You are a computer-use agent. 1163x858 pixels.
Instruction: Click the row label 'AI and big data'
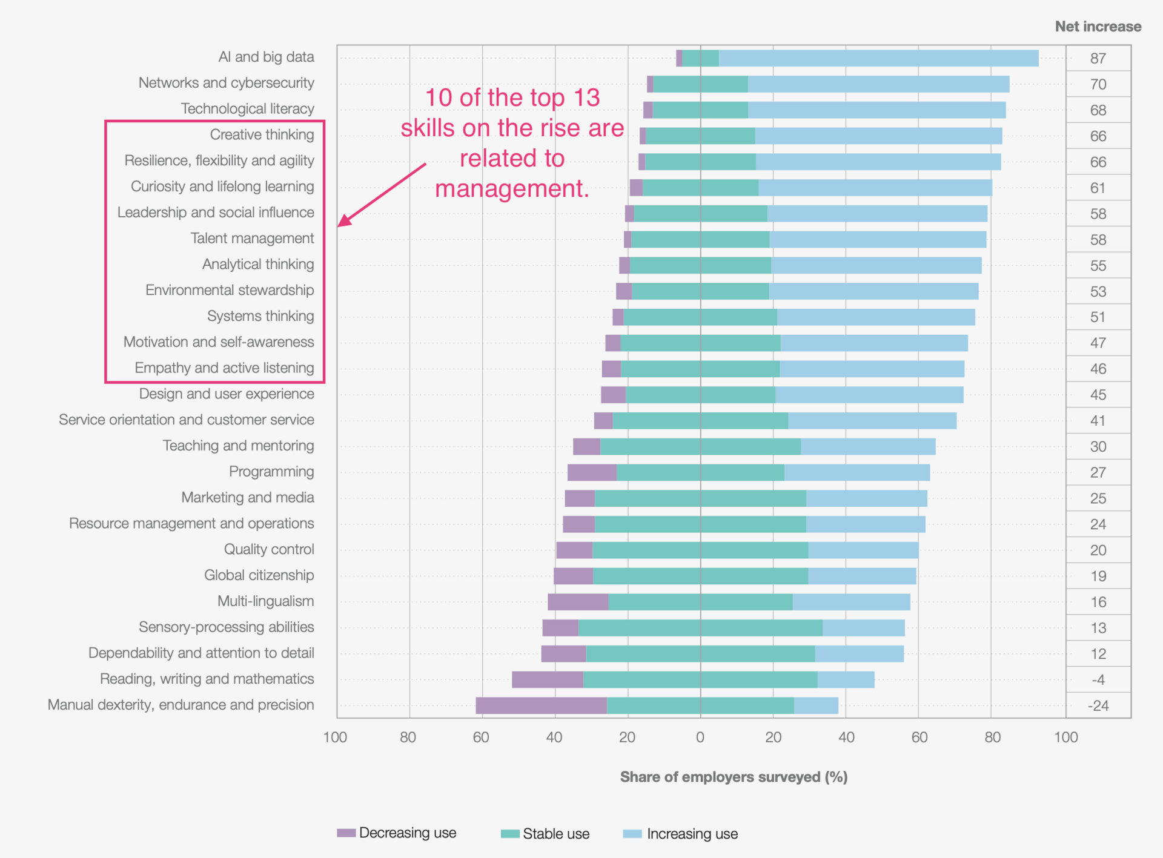click(266, 57)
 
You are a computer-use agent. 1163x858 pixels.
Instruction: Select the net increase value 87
click(1098, 59)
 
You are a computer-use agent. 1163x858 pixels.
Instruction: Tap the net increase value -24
click(1098, 706)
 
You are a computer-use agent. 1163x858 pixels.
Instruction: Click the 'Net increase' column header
click(1098, 27)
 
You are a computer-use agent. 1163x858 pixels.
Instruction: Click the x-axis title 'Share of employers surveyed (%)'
click(734, 777)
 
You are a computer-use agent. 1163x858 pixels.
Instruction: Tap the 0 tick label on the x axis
click(700, 738)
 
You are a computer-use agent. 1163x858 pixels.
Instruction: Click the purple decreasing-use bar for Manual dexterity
click(541, 705)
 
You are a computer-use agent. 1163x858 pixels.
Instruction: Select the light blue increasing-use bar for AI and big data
click(878, 58)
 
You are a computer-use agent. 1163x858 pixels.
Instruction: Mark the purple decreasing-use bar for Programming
click(592, 472)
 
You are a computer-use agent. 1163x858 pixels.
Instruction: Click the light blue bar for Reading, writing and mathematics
click(846, 679)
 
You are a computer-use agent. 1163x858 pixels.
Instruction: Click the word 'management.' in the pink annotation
click(512, 188)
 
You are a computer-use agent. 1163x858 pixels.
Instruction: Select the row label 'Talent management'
click(252, 239)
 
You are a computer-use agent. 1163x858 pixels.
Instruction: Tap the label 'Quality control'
click(269, 549)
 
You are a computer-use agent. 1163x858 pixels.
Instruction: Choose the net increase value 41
click(1098, 421)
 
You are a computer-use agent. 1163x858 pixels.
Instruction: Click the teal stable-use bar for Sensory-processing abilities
click(700, 628)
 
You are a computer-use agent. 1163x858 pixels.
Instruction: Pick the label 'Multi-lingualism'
click(265, 601)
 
